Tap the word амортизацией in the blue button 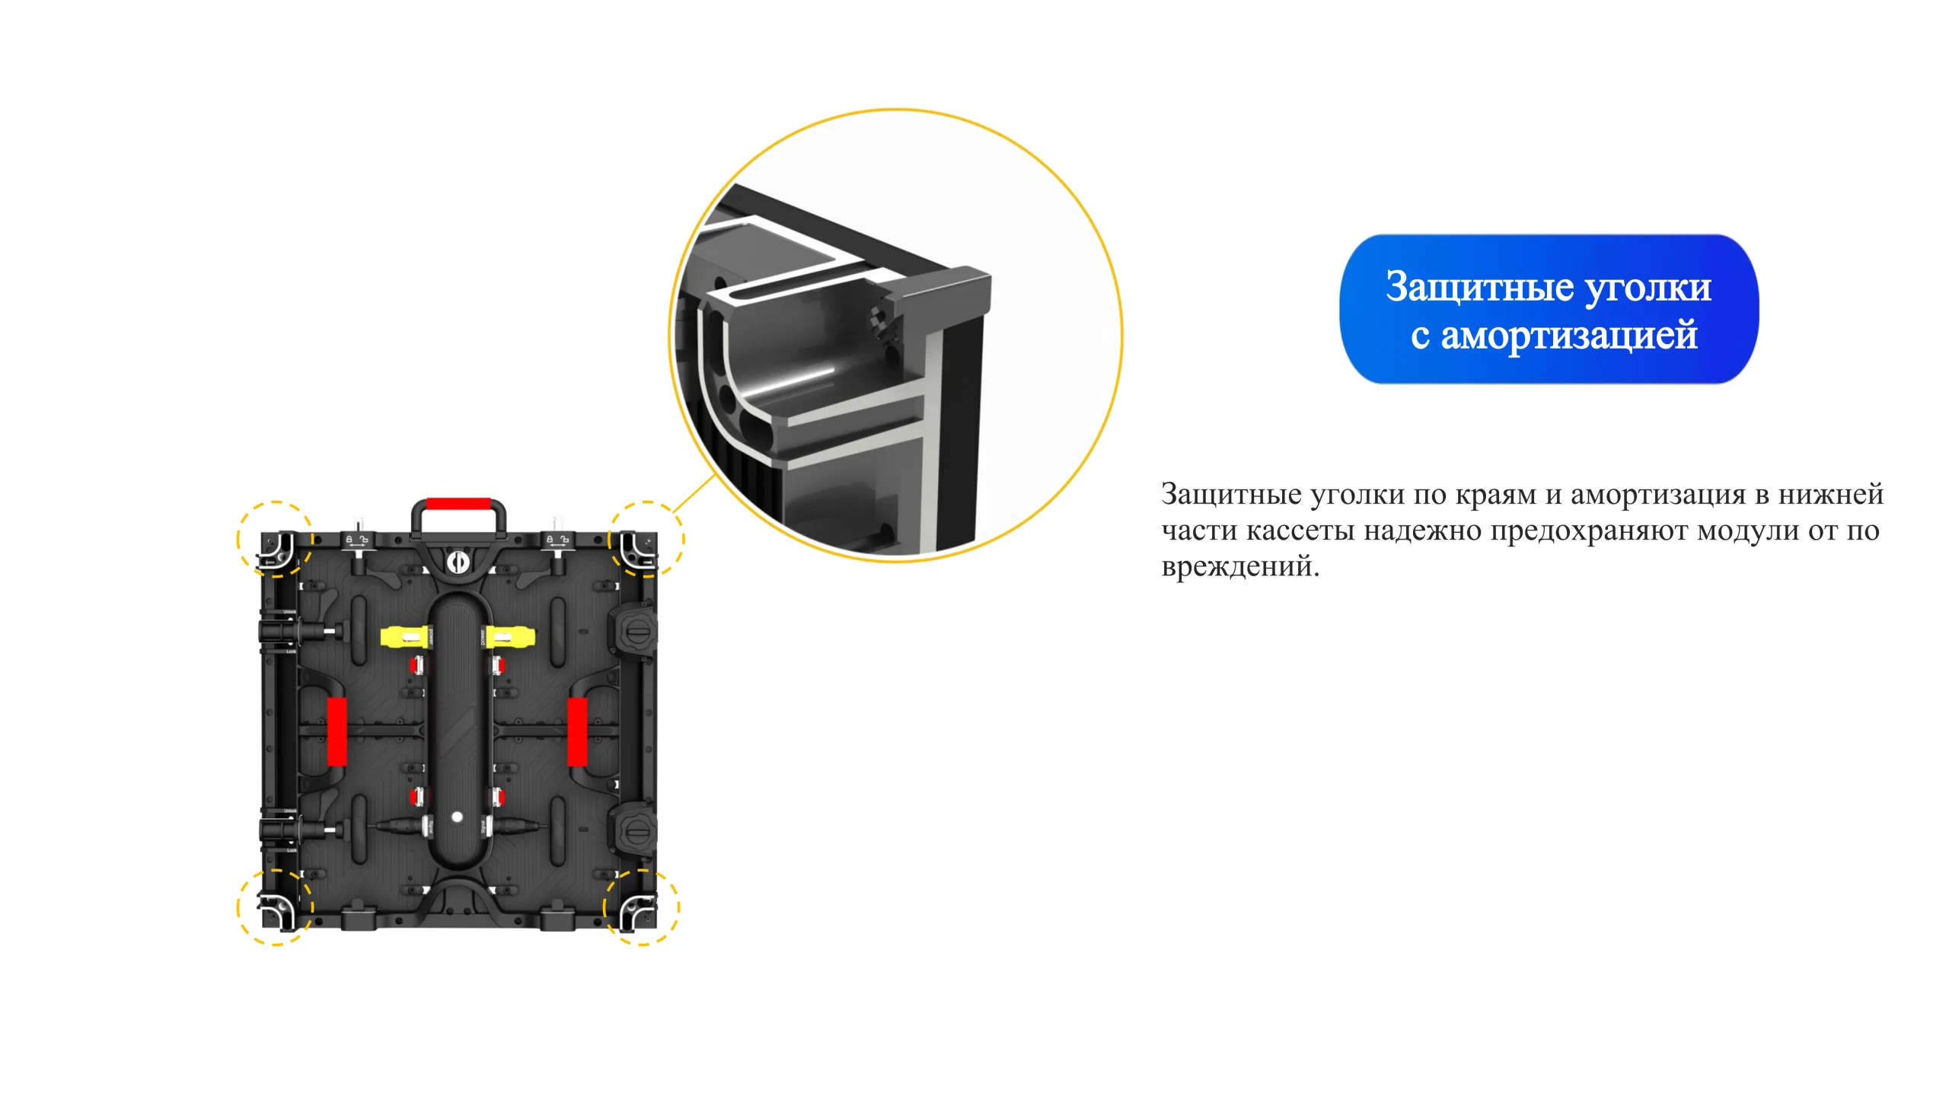1569,336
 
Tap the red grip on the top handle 458,504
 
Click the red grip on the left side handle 337,731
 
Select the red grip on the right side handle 577,731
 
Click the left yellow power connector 405,636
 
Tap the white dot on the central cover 457,817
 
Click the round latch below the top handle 458,562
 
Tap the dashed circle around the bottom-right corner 679,907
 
